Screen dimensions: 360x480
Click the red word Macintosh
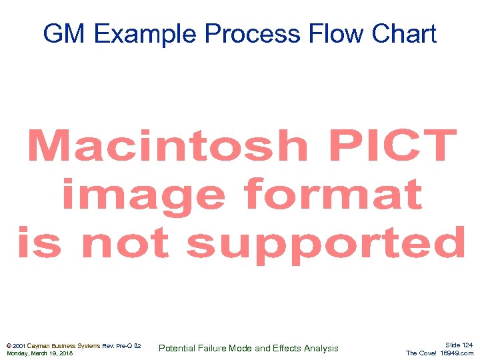167,146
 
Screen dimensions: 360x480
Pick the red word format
333,195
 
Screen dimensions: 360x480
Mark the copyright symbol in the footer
9,346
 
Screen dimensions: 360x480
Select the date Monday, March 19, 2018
39,353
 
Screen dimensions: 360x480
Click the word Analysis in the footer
321,348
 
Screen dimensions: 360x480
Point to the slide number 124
467,345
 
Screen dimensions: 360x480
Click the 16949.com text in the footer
457,353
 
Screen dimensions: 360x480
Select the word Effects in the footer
286,348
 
